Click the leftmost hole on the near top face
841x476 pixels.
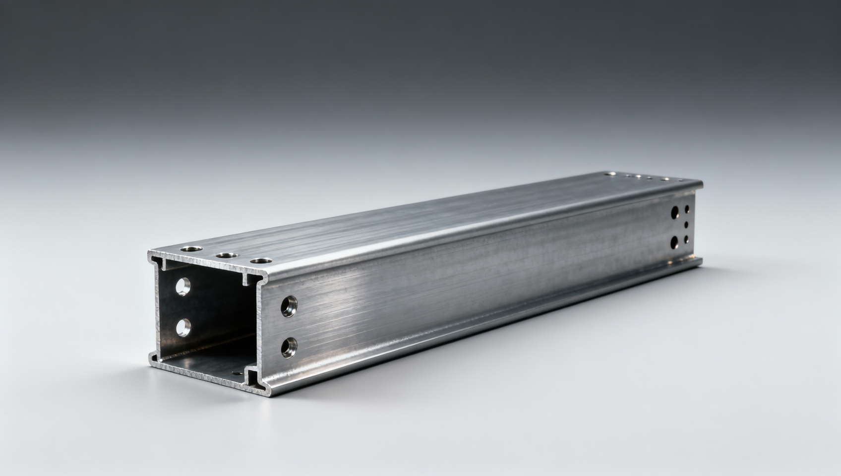point(191,248)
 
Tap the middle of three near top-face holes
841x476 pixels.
point(227,255)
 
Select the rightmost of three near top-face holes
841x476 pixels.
point(261,260)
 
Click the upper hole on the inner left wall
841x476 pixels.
point(183,287)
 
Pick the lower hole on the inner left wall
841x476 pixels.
point(183,327)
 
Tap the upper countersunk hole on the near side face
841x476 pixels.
point(289,306)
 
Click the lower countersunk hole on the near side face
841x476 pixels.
point(289,347)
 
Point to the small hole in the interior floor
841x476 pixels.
point(236,373)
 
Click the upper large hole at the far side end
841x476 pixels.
point(674,213)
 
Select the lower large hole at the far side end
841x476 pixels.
point(674,242)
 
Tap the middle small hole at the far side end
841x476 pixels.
point(686,225)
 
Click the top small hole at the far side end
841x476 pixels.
point(687,210)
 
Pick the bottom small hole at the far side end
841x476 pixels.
point(686,239)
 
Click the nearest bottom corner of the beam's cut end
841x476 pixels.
point(270,396)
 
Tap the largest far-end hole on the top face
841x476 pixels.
point(611,174)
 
